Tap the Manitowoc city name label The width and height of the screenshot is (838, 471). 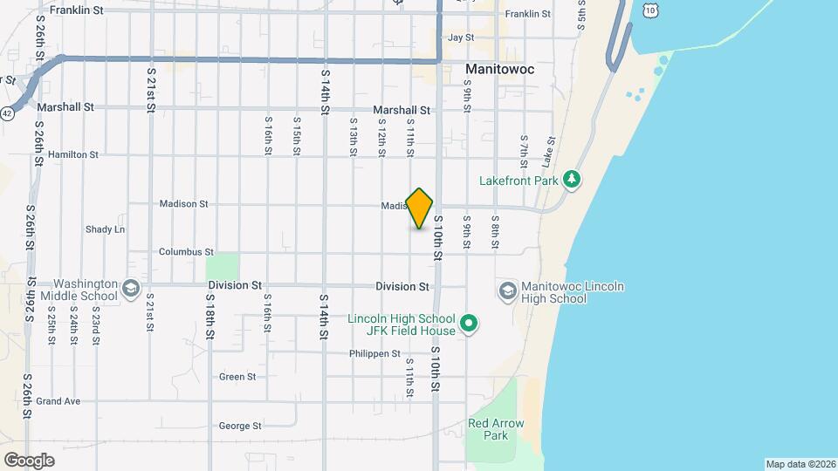click(x=500, y=68)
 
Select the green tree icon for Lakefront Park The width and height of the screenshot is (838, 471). click(x=572, y=180)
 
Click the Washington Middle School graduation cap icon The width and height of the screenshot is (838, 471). click(x=130, y=289)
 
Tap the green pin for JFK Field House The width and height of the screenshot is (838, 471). click(x=469, y=324)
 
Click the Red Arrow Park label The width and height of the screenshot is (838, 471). click(x=496, y=429)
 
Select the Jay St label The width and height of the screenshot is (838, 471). click(x=460, y=38)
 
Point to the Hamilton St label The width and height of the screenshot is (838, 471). click(x=73, y=154)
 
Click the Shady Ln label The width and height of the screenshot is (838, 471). click(x=105, y=229)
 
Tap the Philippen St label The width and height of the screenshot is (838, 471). click(x=374, y=354)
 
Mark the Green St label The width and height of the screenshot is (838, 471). click(x=237, y=377)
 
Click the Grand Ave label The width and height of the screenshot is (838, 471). click(x=58, y=401)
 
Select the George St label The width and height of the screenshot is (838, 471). click(x=240, y=427)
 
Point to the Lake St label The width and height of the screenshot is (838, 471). click(x=549, y=152)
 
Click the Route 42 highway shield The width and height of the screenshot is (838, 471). click(x=7, y=113)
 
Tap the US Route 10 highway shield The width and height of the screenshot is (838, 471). click(x=650, y=9)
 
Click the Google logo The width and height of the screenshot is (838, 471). click(x=29, y=461)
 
